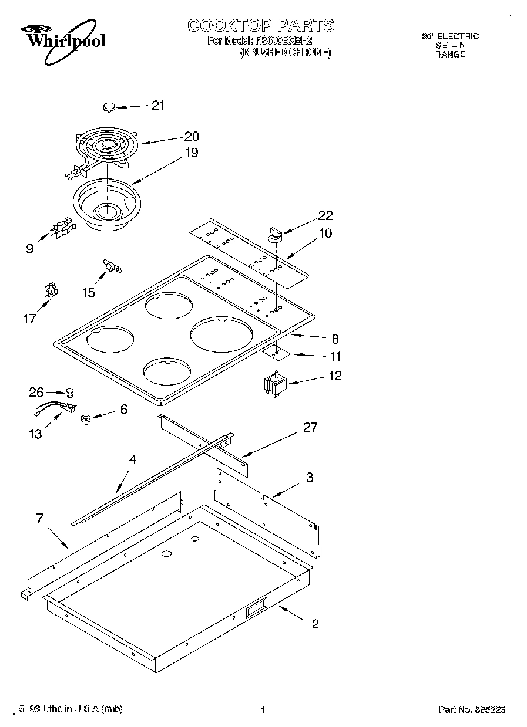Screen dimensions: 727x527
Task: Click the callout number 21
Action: point(157,106)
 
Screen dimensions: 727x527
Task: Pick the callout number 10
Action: point(325,234)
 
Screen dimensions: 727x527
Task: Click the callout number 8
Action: point(334,339)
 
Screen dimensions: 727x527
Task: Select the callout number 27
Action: point(310,428)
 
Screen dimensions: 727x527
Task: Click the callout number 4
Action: point(133,459)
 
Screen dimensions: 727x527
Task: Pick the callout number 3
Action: point(309,478)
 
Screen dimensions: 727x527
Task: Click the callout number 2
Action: point(315,624)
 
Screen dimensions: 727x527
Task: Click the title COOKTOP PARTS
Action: point(261,25)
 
